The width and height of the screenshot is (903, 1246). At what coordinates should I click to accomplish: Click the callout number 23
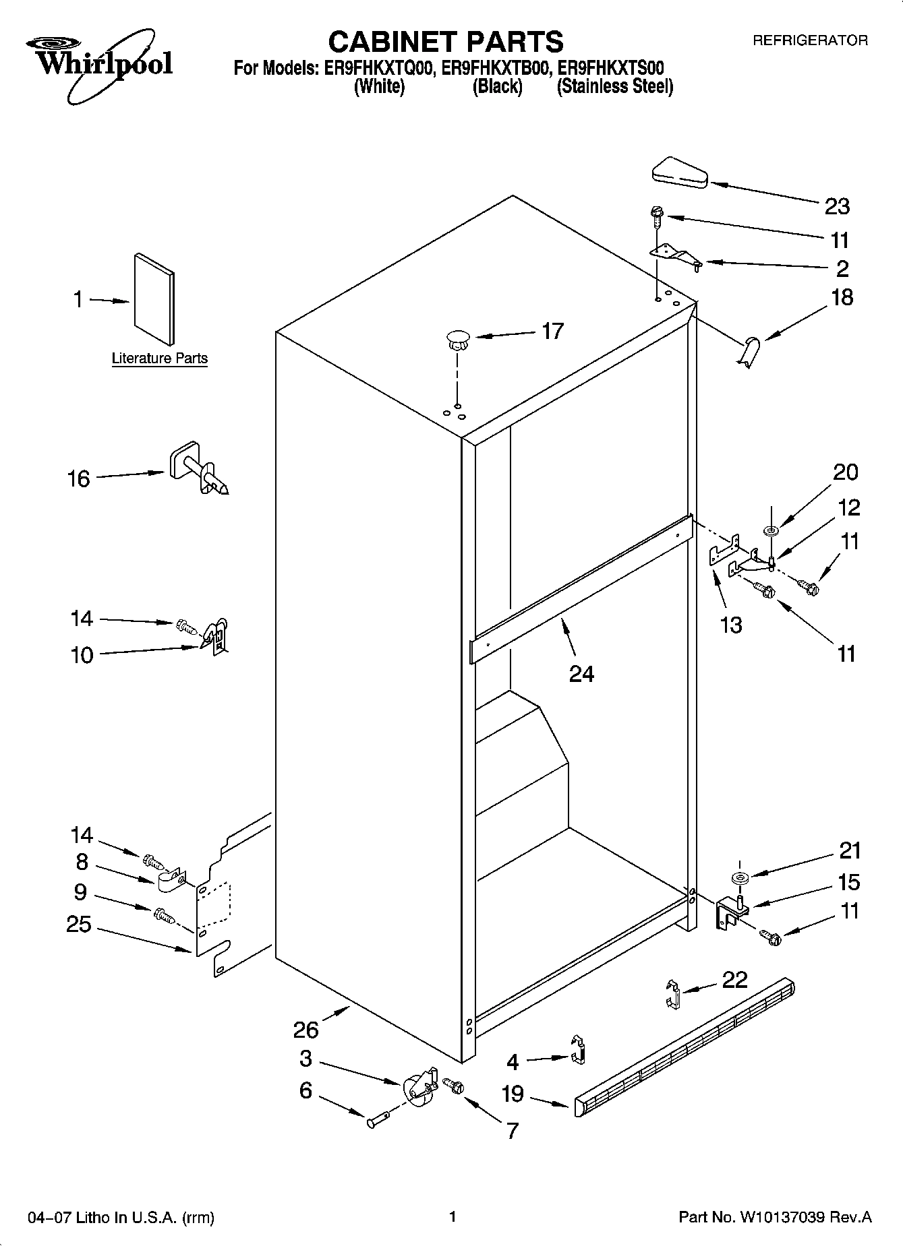point(837,206)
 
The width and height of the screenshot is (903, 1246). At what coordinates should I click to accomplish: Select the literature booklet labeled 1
point(154,299)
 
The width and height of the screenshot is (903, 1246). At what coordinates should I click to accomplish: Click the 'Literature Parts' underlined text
point(160,359)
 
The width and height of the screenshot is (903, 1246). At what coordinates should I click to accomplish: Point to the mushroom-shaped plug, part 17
point(458,339)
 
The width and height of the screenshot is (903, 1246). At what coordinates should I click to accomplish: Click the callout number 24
point(581,673)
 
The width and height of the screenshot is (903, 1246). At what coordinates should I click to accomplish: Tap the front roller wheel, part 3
point(418,1086)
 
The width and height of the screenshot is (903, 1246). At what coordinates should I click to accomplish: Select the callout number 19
point(513,1093)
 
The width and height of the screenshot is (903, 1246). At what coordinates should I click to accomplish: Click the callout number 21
point(849,850)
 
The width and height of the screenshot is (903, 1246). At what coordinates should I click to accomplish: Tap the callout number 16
point(79,479)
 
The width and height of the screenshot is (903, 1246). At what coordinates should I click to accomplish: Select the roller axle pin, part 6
point(378,1121)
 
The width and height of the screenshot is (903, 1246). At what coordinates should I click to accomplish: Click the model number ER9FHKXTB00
point(498,68)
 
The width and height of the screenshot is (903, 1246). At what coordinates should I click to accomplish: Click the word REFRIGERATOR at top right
point(810,41)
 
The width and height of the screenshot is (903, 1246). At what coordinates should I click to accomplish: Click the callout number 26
point(305,1030)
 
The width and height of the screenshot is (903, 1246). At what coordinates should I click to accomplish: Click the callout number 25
point(78,924)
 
